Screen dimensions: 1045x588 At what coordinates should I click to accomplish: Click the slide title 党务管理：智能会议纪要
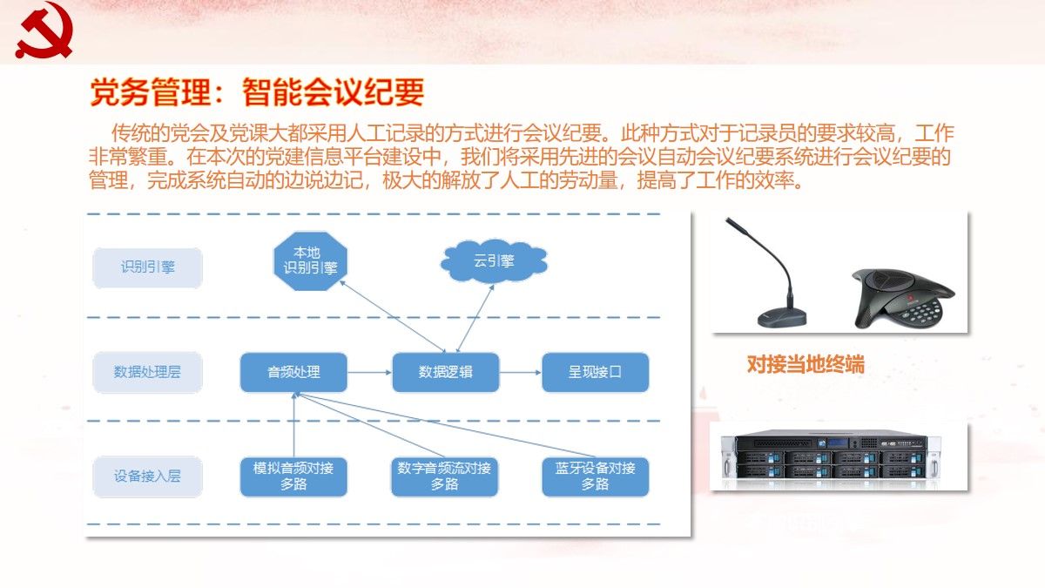tap(257, 91)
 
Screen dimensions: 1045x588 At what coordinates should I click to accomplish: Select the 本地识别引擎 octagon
tap(305, 260)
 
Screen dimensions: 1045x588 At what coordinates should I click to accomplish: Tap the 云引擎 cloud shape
tap(494, 260)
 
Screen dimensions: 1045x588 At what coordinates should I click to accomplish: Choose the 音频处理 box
tap(293, 372)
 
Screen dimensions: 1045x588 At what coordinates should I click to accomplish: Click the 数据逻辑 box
tap(445, 372)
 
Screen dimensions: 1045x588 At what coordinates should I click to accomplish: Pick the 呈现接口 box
tap(596, 372)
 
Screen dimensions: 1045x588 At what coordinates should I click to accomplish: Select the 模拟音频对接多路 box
tap(293, 476)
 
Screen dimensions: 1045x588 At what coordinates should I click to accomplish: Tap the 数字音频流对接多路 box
tap(444, 476)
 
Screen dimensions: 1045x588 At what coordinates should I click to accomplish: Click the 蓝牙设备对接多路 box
tap(596, 476)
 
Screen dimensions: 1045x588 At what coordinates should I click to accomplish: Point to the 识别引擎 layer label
tap(148, 267)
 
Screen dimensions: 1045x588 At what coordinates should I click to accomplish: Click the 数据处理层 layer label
tap(148, 372)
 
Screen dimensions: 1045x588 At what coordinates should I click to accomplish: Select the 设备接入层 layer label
tap(148, 476)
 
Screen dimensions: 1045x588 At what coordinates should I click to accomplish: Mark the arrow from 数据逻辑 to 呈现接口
tap(521, 373)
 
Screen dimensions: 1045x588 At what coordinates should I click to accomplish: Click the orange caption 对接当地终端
tap(806, 365)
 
